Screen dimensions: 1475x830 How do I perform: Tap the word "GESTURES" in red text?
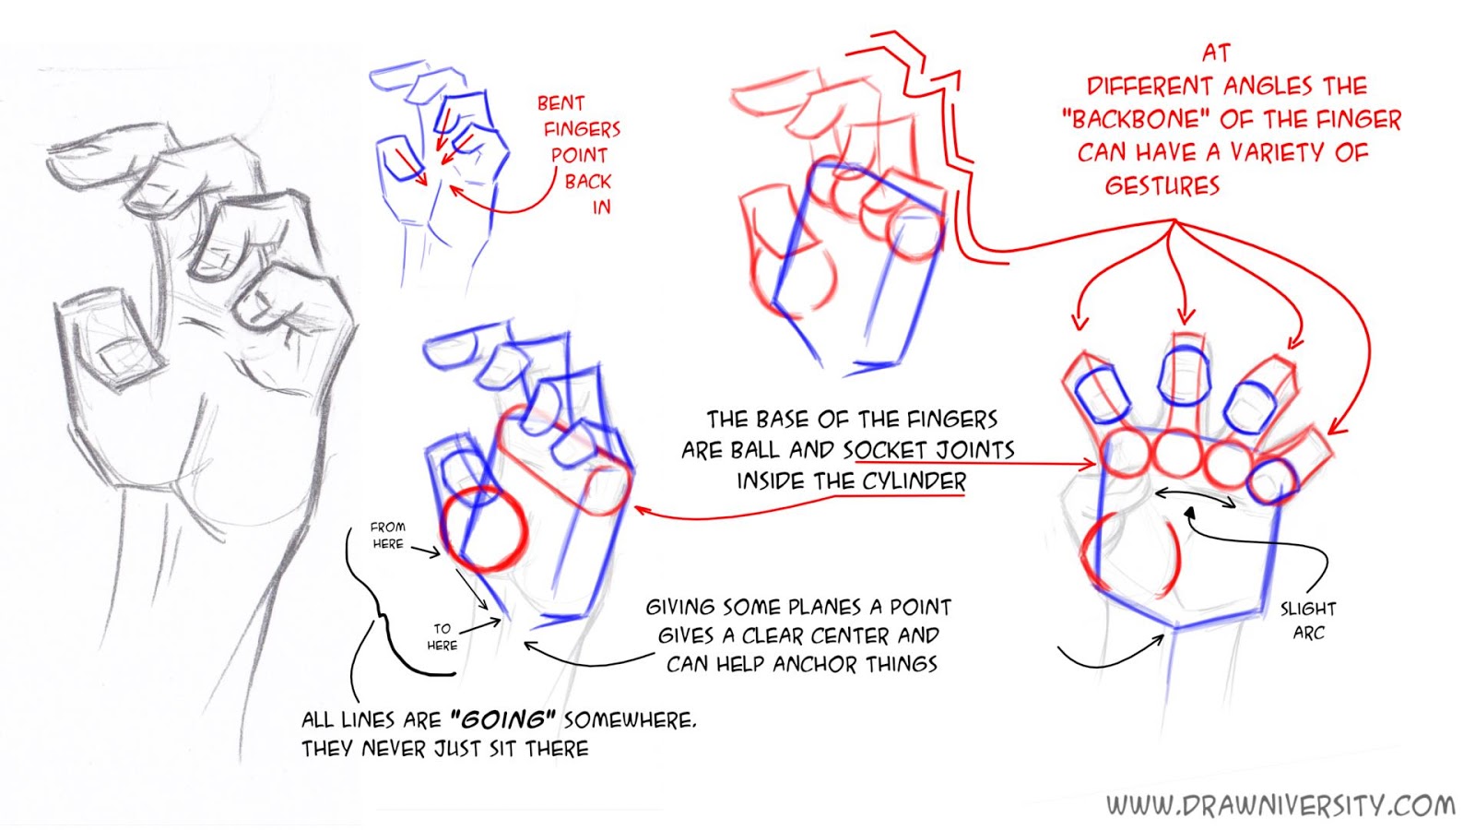click(1162, 185)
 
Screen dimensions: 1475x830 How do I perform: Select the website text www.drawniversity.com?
click(1280, 805)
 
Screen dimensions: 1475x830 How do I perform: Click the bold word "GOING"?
click(502, 719)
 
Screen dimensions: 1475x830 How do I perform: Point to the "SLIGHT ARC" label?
click(1308, 621)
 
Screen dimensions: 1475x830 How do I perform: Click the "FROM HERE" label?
click(388, 535)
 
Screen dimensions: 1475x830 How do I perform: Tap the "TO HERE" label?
click(442, 637)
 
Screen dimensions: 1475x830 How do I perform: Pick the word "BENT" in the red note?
click(561, 103)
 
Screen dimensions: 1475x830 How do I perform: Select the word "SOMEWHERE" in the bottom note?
click(630, 720)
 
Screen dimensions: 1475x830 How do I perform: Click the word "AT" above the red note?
click(1216, 53)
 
